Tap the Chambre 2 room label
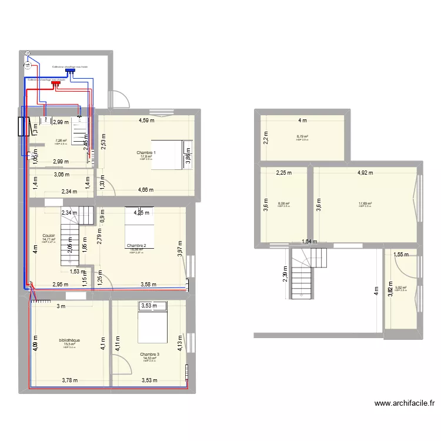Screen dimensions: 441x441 [136, 245]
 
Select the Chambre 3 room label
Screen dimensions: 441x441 [149, 355]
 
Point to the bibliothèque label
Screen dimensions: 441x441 [69, 340]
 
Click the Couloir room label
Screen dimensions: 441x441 [48, 235]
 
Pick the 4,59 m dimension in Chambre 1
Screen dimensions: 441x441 [146, 121]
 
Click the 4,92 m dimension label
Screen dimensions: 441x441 [365, 173]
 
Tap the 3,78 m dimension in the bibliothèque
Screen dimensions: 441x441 [70, 380]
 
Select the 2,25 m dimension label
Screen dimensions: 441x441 [284, 173]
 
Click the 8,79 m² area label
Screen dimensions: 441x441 [302, 136]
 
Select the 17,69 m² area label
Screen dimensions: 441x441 [365, 204]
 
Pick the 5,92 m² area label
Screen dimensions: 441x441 [401, 288]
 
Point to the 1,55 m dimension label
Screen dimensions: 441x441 [400, 254]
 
